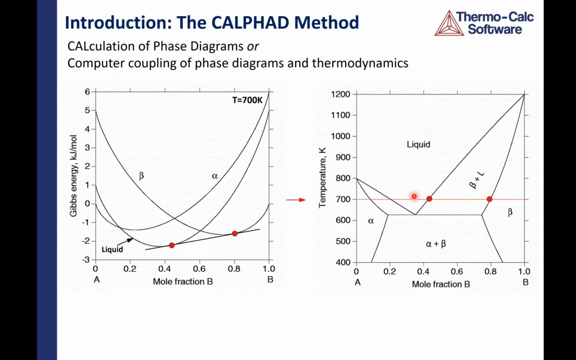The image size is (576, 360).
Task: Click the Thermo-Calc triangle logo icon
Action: tap(449, 23)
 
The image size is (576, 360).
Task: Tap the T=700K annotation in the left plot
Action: tap(247, 100)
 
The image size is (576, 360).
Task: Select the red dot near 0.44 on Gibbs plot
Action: tap(172, 245)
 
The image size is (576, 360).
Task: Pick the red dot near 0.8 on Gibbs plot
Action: tap(235, 234)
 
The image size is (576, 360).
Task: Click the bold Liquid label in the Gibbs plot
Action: tap(112, 249)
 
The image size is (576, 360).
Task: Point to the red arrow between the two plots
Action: tap(296, 200)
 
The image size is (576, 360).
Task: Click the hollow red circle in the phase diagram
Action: tap(414, 197)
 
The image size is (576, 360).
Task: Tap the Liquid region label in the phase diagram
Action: tap(418, 144)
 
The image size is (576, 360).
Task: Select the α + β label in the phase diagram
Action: tap(436, 244)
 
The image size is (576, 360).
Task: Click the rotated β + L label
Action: tap(477, 180)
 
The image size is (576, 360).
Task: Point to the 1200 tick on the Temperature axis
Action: tap(340, 94)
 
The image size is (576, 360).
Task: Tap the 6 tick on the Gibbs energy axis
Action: tap(87, 91)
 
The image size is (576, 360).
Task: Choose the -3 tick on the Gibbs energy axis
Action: tap(86, 259)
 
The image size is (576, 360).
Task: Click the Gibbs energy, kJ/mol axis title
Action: tap(73, 176)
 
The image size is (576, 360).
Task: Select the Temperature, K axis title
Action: tap(322, 178)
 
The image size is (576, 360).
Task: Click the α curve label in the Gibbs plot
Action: tap(215, 176)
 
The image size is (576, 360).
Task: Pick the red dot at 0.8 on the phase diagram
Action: tap(489, 199)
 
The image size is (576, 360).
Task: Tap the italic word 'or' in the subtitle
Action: tap(253, 46)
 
